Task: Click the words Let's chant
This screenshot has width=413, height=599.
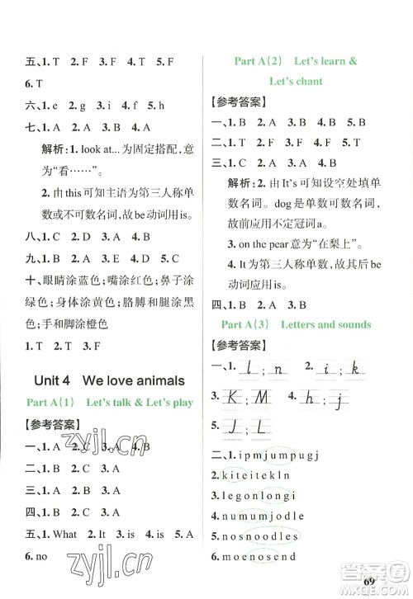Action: (x=295, y=81)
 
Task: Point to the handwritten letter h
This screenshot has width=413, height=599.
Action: (x=311, y=398)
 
